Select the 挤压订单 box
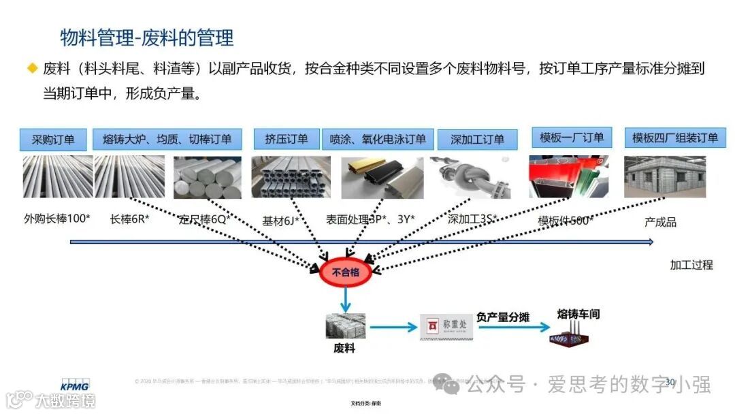[x=286, y=139]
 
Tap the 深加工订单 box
[x=478, y=140]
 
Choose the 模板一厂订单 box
[x=572, y=138]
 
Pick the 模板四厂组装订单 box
[x=674, y=138]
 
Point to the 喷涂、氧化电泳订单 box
[x=378, y=139]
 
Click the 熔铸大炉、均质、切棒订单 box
[x=167, y=140]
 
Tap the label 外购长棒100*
[x=57, y=219]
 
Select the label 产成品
[x=660, y=222]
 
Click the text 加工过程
[x=691, y=265]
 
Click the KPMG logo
[x=74, y=385]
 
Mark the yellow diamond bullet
[x=32, y=67]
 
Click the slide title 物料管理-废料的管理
[x=146, y=37]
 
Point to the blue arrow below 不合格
[x=346, y=298]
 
